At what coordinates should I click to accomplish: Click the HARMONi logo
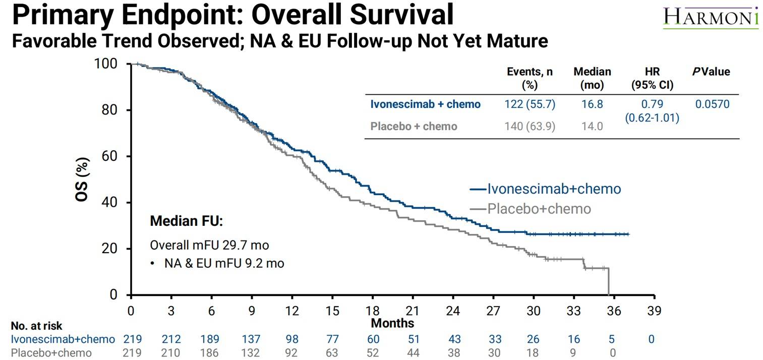click(x=711, y=17)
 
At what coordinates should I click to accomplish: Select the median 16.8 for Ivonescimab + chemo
click(x=592, y=104)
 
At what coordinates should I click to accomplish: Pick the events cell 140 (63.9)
click(x=529, y=126)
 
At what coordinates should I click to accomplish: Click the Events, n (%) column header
click(x=529, y=78)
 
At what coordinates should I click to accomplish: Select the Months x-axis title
click(x=392, y=323)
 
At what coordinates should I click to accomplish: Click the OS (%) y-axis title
click(x=82, y=179)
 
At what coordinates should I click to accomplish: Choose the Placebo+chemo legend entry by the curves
click(x=539, y=208)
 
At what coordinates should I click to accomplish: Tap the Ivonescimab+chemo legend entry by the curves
click(x=554, y=189)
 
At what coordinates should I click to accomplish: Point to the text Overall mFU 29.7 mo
click(x=209, y=246)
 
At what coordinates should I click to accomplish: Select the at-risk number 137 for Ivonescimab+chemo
click(x=252, y=339)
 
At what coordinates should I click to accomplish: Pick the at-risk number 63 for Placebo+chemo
click(x=332, y=353)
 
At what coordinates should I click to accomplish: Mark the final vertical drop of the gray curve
click(x=609, y=281)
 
